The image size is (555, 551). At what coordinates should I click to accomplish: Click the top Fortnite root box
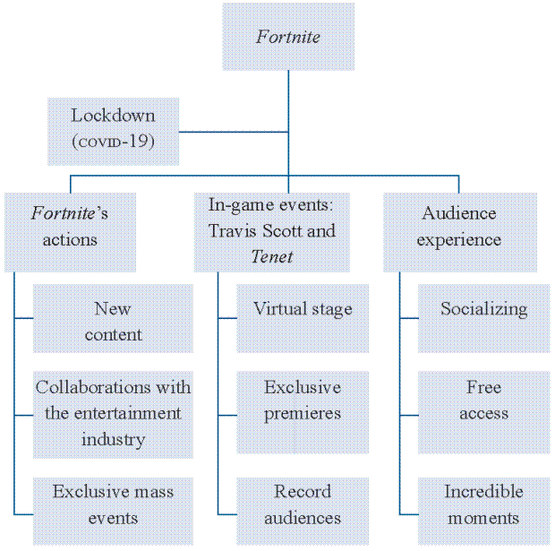pos(288,37)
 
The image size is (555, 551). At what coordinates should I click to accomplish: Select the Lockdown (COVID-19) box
pos(114,132)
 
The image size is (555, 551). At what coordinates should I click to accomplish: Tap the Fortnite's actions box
pos(70,232)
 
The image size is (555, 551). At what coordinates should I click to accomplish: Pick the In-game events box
pos(272,232)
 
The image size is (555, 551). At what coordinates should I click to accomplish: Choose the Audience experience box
pos(460,232)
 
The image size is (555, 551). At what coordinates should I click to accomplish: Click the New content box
pos(114,318)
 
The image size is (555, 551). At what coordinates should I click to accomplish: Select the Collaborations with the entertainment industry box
pos(114,415)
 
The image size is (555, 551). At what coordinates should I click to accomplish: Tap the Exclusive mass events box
pos(114,512)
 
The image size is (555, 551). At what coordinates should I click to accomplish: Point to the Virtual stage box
pos(303,318)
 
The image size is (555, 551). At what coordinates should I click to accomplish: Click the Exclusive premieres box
pos(303,412)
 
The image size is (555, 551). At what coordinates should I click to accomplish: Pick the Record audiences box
pos(303,512)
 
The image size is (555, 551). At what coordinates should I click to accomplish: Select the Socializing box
pos(484,318)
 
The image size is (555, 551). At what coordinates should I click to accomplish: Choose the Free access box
pos(484,412)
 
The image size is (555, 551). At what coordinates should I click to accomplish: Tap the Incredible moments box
pos(484,512)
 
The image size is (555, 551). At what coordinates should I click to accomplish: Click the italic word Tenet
pos(272,256)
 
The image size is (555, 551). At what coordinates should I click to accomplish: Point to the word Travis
pos(232,230)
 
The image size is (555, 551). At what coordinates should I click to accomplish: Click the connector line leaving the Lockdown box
pos(234,132)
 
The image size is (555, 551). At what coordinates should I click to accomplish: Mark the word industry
pos(114,440)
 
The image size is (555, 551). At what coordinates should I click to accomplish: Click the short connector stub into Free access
pos(409,415)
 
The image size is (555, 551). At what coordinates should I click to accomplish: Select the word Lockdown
pos(114,116)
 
